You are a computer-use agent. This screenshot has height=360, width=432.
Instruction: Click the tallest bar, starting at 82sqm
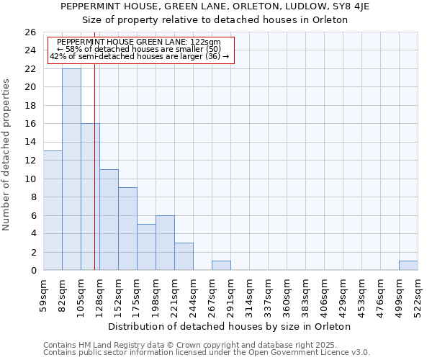pos(71,169)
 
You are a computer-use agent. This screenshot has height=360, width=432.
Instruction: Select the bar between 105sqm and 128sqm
pos(90,197)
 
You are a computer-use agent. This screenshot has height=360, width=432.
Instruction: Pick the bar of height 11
pos(109,220)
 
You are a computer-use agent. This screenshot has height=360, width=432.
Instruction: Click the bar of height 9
pos(127,229)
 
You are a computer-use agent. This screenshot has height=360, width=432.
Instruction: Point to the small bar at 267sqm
pos(221,266)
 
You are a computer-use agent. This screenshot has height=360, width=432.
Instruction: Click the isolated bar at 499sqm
pos(408,266)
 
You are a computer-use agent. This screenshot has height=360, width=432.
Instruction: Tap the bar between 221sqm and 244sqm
pos(184,256)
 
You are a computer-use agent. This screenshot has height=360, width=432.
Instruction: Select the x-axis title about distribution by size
pos(234,326)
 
